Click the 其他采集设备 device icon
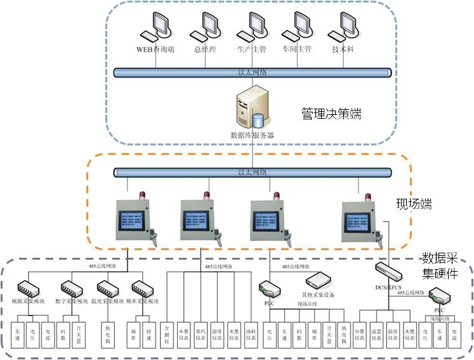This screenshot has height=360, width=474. coord(319,281)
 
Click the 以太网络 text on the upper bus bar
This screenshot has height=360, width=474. coord(252,73)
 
